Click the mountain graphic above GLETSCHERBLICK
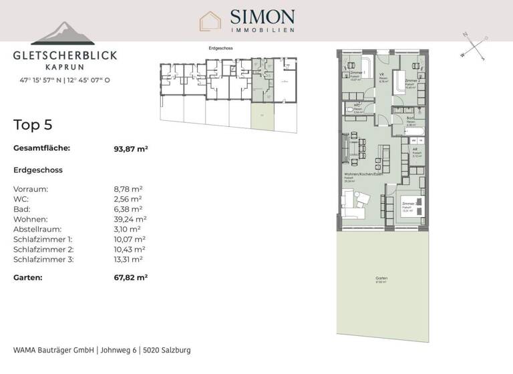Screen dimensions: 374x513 [x=63, y=33]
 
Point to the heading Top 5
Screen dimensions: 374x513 [x=33, y=125]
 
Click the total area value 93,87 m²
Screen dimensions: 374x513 [x=131, y=149]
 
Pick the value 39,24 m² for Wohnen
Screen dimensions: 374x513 [x=130, y=219]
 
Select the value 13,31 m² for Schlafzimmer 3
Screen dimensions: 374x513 [x=129, y=259]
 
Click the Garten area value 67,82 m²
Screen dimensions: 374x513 [x=131, y=276]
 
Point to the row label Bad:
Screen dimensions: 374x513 [x=21, y=209]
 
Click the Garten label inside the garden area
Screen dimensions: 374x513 [x=381, y=278]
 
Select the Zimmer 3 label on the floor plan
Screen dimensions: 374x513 [x=408, y=203]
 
